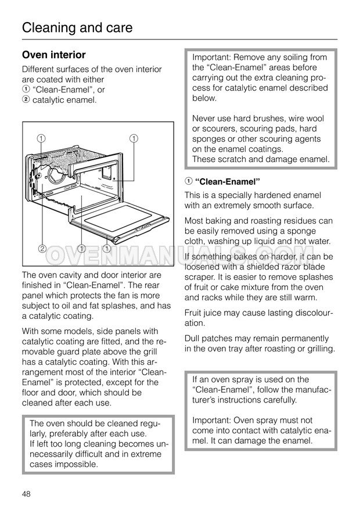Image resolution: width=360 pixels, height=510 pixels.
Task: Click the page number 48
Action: (x=26, y=493)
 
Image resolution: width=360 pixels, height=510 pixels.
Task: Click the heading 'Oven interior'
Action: (x=53, y=55)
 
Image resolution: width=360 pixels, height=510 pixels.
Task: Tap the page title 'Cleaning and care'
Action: (x=77, y=27)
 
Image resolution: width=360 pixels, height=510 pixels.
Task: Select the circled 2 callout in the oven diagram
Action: (x=42, y=249)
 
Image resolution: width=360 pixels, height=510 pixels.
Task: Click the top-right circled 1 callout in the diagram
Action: (x=134, y=138)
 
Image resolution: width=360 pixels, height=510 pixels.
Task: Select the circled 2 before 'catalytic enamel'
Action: (x=26, y=100)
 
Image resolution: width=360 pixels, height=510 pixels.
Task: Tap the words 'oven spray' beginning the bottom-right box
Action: (x=226, y=379)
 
